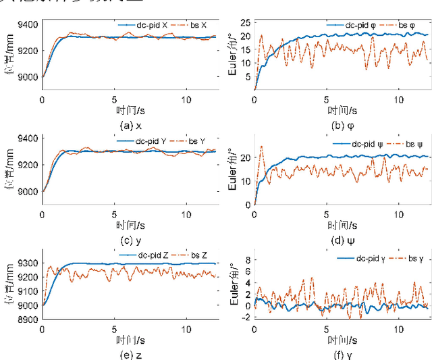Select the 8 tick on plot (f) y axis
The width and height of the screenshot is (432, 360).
[247, 259]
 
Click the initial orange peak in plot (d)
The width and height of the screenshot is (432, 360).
[261, 146]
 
